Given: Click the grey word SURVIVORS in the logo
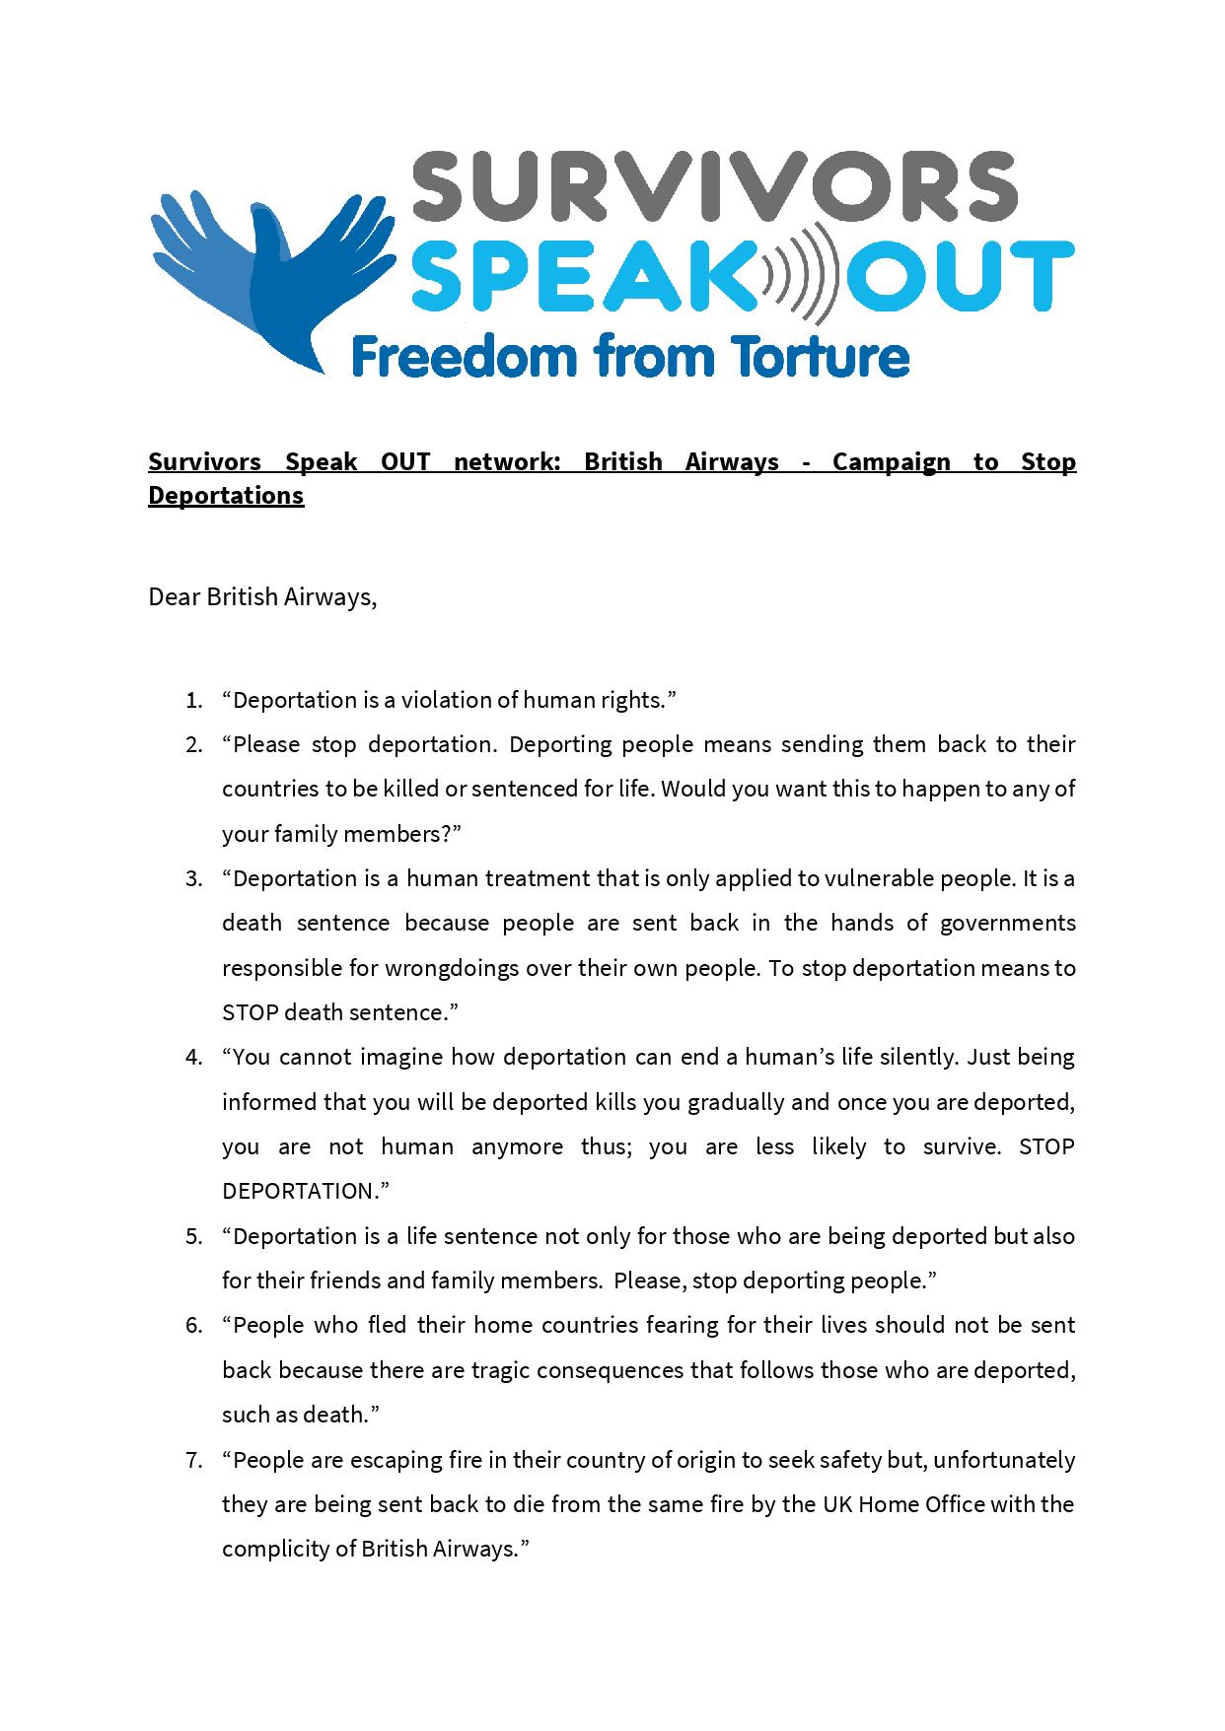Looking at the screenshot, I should pyautogui.click(x=713, y=187).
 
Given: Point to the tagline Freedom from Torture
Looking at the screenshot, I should pyautogui.click(x=629, y=356).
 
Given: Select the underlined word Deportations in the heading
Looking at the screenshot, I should pyautogui.click(x=226, y=495).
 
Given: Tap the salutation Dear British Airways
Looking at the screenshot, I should pyautogui.click(x=262, y=597).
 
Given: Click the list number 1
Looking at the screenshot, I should pyautogui.click(x=193, y=701).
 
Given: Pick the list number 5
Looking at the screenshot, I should pyautogui.click(x=193, y=1236).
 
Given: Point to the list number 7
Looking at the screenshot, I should pyautogui.click(x=193, y=1460).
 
